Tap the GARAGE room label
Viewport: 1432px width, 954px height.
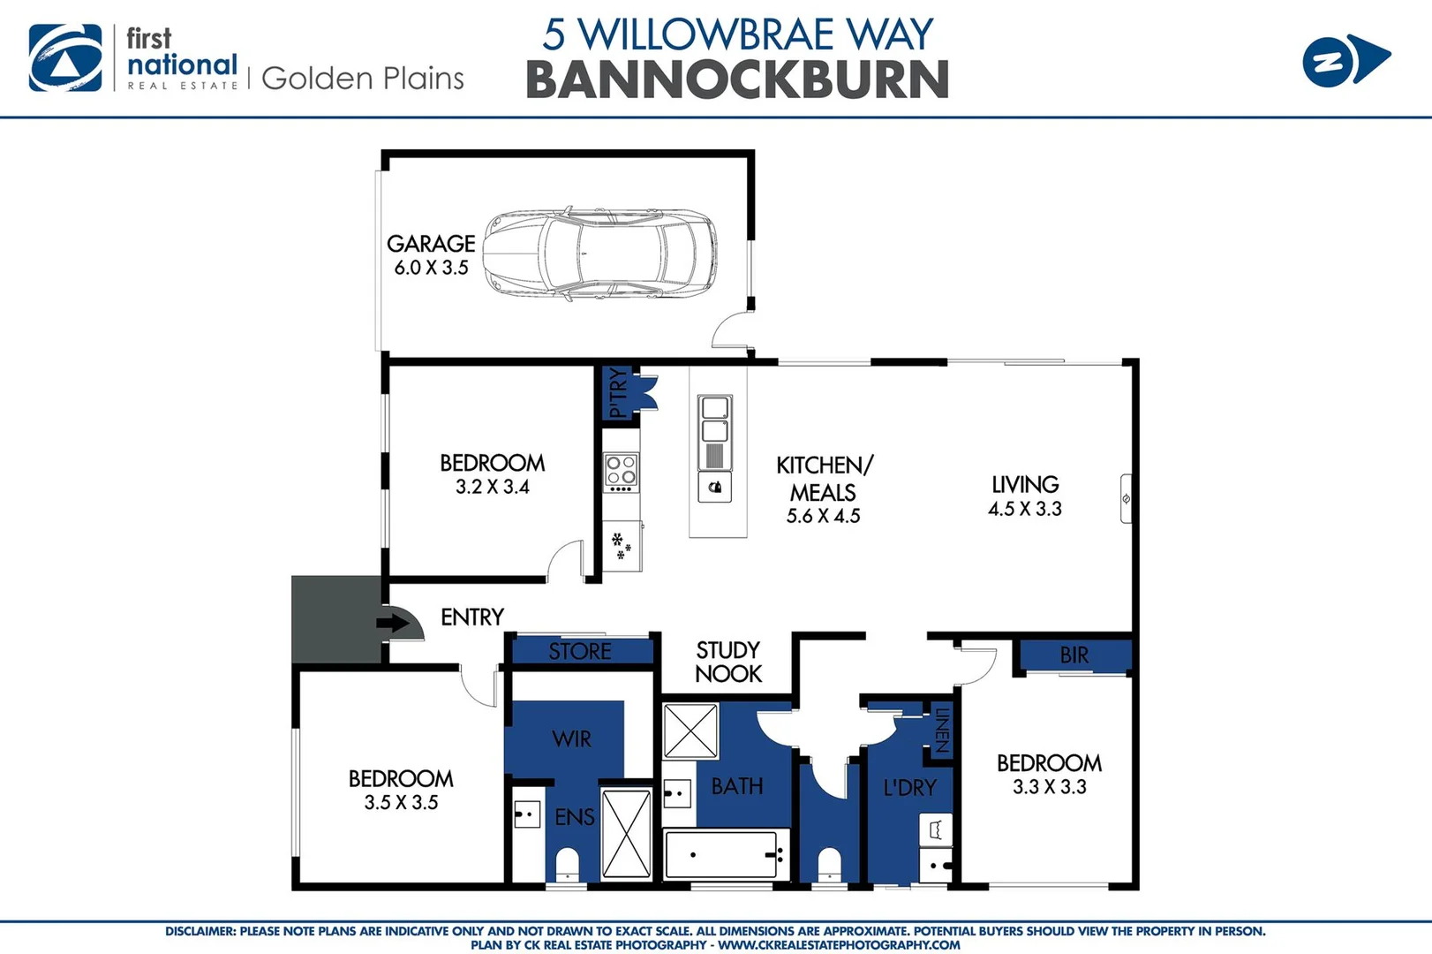point(431,244)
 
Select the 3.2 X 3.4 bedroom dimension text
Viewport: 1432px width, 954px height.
point(492,487)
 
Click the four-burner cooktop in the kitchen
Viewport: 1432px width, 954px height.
point(621,472)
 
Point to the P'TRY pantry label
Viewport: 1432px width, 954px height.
point(618,393)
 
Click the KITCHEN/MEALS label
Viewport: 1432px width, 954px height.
point(824,478)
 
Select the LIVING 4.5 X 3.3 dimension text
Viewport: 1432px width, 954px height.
point(1024,509)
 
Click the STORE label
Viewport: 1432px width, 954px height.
point(579,652)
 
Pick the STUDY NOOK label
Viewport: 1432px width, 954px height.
point(727,662)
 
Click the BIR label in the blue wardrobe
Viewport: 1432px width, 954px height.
point(1074,655)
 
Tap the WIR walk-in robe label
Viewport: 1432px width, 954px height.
point(571,739)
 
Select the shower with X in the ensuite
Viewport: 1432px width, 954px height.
point(626,834)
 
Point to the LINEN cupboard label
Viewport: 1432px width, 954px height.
point(942,731)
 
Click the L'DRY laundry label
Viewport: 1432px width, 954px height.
point(909,787)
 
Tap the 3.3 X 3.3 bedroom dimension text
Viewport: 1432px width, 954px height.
point(1049,787)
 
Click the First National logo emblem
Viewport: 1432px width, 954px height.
point(65,58)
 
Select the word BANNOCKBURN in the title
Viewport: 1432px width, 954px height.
point(737,80)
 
